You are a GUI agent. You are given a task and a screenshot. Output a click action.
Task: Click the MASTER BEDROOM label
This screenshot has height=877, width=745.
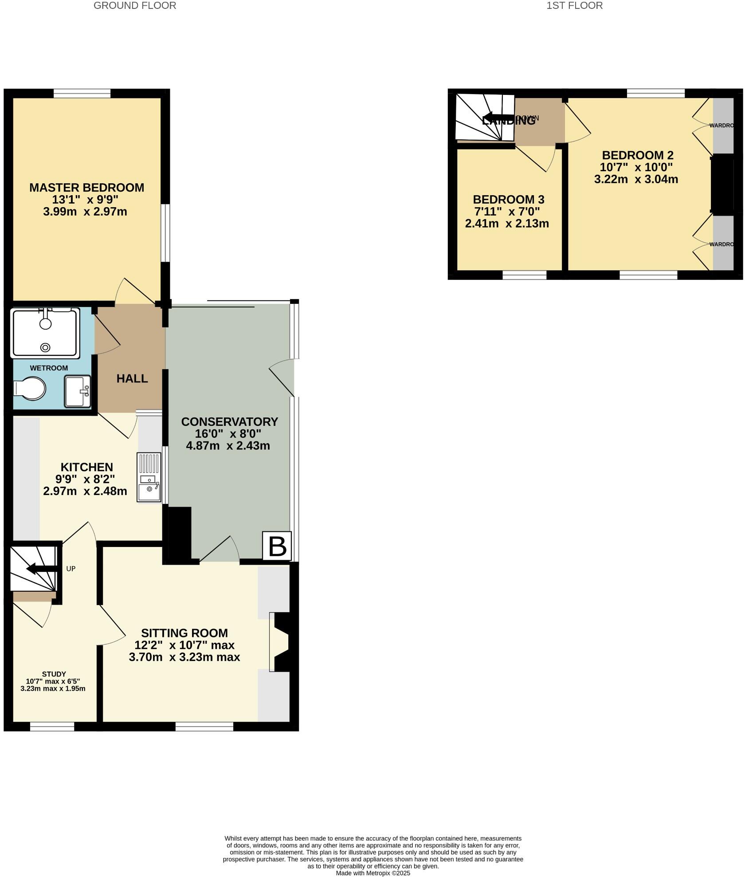[x=86, y=188]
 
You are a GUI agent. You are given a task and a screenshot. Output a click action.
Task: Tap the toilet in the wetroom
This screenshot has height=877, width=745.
[x=30, y=389]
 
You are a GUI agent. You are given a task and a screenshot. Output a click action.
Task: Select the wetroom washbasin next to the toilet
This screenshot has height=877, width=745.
[x=78, y=391]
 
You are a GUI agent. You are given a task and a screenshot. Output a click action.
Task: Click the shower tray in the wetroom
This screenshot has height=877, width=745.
[x=46, y=333]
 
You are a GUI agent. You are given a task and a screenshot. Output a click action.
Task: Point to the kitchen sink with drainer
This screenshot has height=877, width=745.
[x=149, y=477]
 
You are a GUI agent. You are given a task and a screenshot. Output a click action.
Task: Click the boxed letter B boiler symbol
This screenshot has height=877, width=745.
[x=277, y=546]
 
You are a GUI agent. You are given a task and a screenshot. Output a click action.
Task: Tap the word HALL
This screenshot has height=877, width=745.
[x=132, y=378]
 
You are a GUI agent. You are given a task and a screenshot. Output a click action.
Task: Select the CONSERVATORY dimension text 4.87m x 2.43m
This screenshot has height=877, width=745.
[x=228, y=446]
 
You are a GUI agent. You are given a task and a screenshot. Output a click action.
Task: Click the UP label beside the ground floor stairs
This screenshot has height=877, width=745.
[x=71, y=569]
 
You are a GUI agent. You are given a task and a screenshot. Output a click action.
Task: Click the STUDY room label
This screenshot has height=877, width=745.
[x=54, y=674]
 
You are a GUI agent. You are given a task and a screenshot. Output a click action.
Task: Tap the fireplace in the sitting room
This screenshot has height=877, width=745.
[x=281, y=642]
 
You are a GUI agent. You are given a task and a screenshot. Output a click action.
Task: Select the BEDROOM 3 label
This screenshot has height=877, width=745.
[x=508, y=200]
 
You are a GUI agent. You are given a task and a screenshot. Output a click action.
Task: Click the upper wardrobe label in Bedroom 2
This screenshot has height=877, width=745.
[x=721, y=126]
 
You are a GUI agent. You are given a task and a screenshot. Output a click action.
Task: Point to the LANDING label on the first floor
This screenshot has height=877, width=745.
[x=508, y=120]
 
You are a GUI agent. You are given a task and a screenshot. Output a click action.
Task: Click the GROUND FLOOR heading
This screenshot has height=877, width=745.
[x=135, y=6]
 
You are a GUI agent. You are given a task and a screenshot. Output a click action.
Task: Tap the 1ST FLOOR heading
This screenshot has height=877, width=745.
[x=574, y=6]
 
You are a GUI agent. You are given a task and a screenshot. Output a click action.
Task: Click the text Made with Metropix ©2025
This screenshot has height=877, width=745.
[x=373, y=873]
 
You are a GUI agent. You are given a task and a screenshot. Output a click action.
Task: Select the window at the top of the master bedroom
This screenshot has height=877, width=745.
[x=82, y=94]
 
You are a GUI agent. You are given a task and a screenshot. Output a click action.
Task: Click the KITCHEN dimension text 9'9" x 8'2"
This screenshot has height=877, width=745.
[x=85, y=479]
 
